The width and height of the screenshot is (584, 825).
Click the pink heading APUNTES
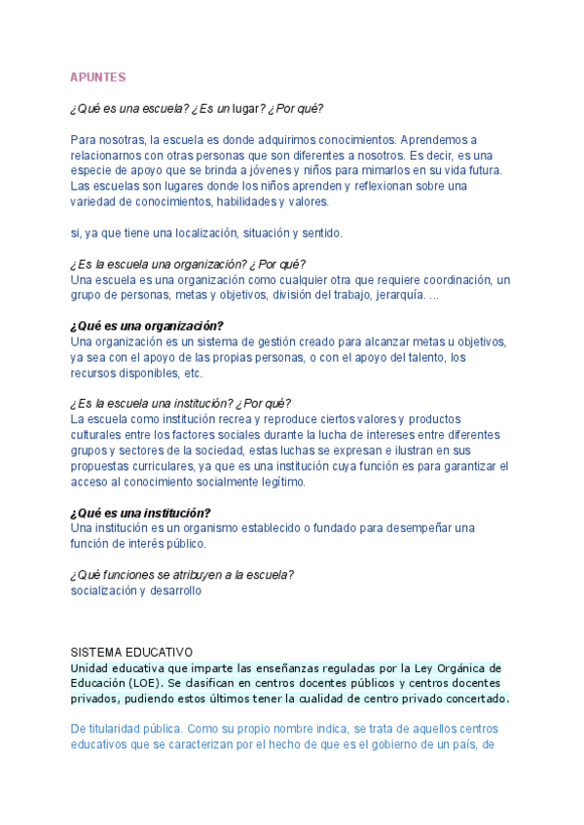pyautogui.click(x=97, y=77)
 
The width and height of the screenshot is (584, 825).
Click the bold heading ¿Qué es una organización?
pyautogui.click(x=147, y=326)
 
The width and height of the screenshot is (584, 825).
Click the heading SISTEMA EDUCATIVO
pyautogui.click(x=132, y=652)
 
